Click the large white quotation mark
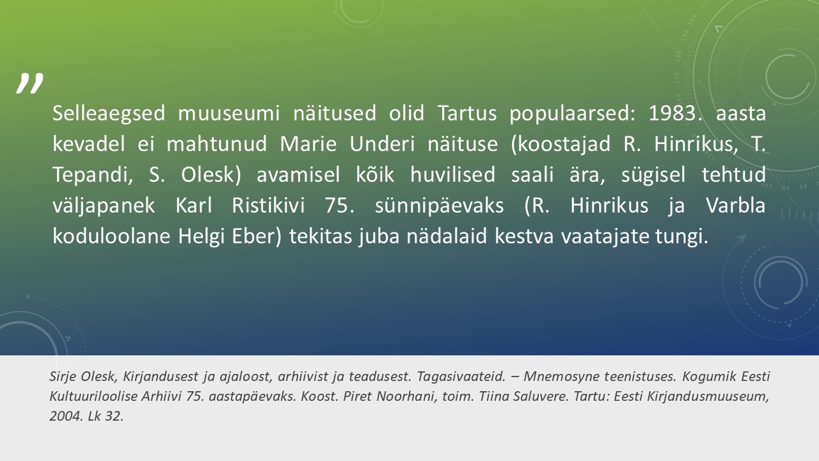(29, 83)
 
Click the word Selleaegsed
(109, 113)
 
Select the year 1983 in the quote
(672, 113)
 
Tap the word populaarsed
(569, 114)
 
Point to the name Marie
(308, 144)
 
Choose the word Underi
(382, 144)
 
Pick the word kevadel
(89, 144)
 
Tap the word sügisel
(653, 175)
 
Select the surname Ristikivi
(268, 206)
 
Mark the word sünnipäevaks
(439, 206)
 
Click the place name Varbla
(735, 206)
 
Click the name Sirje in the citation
(63, 376)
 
